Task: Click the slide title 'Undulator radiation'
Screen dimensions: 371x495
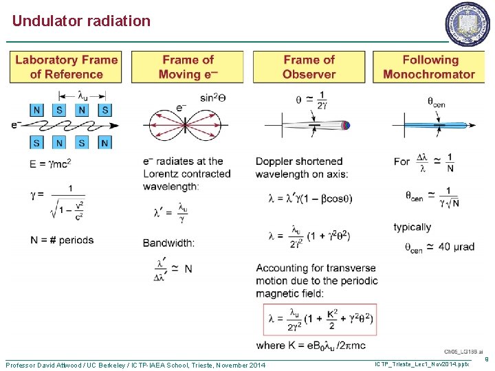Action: (81, 21)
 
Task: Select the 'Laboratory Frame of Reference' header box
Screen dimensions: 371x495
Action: (66, 67)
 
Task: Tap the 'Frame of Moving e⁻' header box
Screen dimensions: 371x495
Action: (188, 67)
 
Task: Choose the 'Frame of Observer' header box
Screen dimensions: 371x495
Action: (309, 67)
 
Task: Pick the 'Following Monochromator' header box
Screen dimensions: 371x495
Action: (429, 67)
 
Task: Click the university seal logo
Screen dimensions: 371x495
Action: (468, 25)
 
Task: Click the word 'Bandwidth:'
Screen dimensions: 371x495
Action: (168, 243)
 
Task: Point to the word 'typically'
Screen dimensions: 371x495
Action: (412, 227)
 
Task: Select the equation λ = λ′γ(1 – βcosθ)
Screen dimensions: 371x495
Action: (300, 199)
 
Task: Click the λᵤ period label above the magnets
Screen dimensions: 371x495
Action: (82, 95)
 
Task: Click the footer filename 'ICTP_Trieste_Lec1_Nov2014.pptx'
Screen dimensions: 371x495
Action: (421, 363)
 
